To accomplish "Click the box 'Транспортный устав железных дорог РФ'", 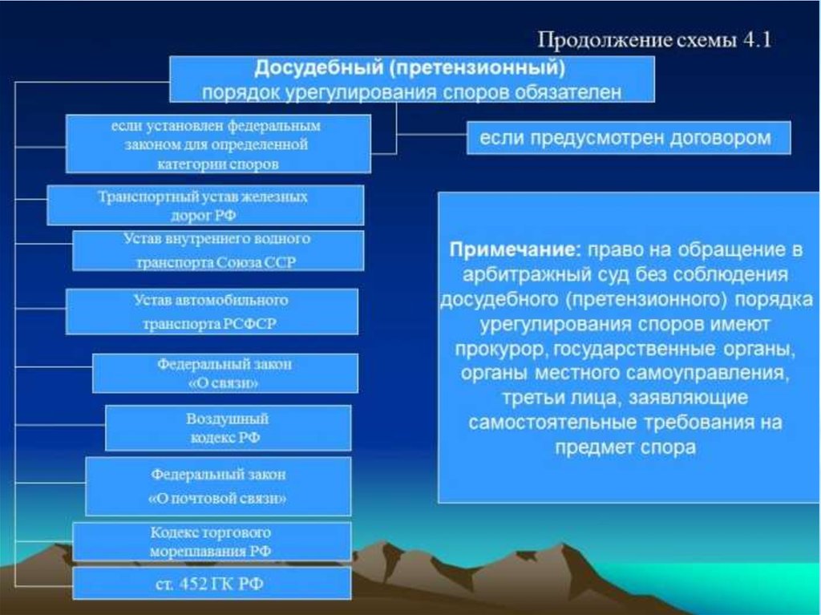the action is pos(205,204).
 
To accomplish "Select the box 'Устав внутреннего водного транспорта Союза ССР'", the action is pos(218,250).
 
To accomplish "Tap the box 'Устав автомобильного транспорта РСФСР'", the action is pos(212,311).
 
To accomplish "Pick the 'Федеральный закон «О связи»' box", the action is pos(225,373).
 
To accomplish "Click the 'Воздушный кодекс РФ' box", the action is pos(228,428).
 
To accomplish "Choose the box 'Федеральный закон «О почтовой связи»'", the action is pos(218,486).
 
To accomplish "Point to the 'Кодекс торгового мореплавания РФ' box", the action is pos(212,542).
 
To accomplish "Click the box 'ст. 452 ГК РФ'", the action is pos(212,583).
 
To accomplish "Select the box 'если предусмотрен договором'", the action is pos(629,138).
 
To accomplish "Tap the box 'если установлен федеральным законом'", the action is pos(218,144).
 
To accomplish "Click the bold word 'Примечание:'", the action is pos(516,249).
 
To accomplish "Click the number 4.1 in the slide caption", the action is pos(757,40).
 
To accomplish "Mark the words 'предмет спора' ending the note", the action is pos(625,447).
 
